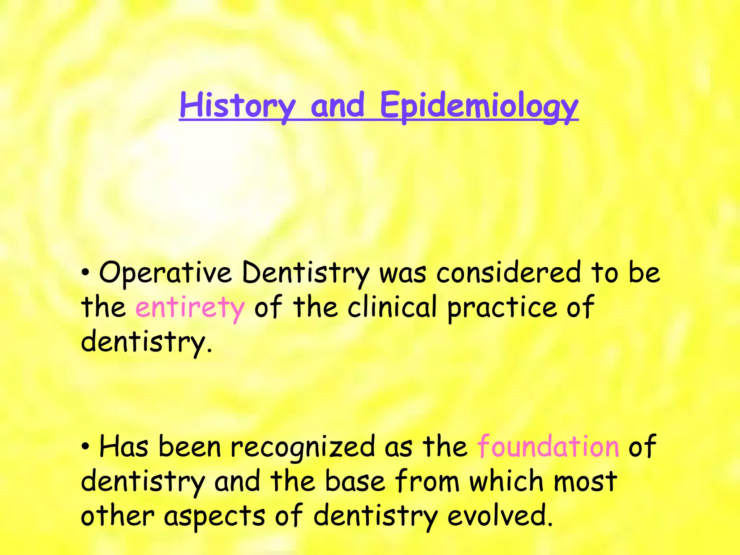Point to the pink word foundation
548,447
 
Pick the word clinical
392,307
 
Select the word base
355,481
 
